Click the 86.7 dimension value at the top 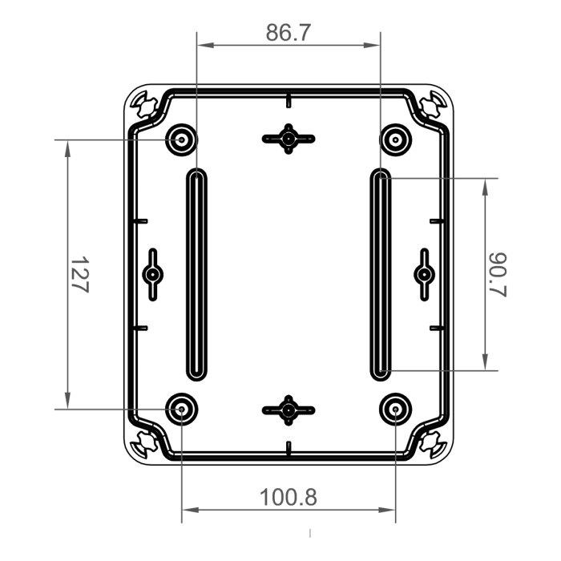pos(289,33)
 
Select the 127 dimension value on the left pos(79,275)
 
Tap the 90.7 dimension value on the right pos(498,275)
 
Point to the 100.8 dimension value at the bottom pos(288,497)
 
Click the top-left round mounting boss pos(182,140)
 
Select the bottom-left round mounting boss pos(182,410)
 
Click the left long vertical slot pos(196,275)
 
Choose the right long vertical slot pos(381,275)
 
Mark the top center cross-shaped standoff pos(289,139)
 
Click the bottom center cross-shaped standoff pos(289,410)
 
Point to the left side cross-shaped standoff pos(152,275)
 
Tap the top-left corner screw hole pos(144,104)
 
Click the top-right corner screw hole pos(434,104)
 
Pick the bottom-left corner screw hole pos(144,442)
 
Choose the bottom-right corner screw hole pos(434,442)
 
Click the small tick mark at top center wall pos(289,100)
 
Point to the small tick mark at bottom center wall pos(289,446)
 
